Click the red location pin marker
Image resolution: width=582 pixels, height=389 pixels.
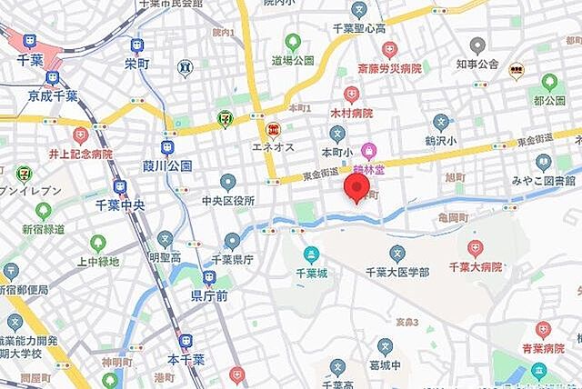[x=356, y=188]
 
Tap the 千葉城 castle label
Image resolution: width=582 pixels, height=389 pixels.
[x=312, y=272]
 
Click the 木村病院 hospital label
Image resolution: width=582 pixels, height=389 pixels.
[x=351, y=113]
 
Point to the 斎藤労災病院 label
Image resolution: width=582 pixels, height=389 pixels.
[x=389, y=67]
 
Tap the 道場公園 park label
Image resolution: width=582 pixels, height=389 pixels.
[x=292, y=60]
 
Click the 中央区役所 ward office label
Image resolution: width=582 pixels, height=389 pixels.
[x=227, y=200]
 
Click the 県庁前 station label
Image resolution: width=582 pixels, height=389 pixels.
[x=208, y=295]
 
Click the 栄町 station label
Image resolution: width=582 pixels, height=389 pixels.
[x=136, y=64]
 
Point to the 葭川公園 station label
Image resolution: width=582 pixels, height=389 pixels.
[x=167, y=165]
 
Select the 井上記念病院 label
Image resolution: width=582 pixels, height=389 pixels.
[x=80, y=154]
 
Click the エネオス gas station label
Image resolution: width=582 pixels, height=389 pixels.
[x=273, y=147]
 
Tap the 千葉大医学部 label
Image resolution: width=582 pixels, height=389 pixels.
[x=396, y=271]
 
